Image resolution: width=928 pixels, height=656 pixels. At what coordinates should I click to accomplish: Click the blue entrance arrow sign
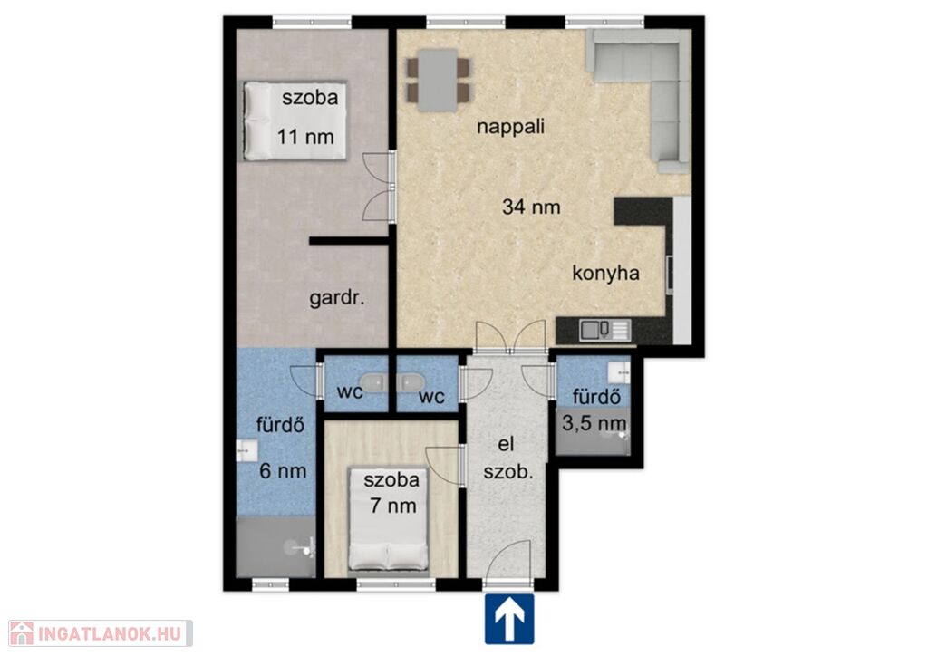(509, 619)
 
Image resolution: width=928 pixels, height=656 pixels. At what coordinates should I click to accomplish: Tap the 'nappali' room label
(511, 127)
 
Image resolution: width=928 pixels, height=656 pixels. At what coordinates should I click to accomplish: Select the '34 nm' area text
(531, 207)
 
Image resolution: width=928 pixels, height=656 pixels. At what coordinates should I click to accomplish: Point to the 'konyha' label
(606, 274)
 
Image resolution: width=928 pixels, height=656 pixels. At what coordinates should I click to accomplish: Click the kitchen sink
(604, 330)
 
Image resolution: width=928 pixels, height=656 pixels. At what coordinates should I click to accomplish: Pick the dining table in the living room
(438, 81)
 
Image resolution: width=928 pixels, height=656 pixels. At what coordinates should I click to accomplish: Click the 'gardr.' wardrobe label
(337, 299)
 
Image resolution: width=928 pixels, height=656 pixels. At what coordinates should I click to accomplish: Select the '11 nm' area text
(306, 137)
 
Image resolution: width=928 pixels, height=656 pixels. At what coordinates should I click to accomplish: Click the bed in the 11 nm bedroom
(295, 121)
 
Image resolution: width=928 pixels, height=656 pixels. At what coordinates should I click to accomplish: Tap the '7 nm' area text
(393, 506)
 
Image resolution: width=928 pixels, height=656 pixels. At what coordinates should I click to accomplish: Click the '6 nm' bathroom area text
(283, 471)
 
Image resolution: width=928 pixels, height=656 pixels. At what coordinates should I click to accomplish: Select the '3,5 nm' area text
(594, 423)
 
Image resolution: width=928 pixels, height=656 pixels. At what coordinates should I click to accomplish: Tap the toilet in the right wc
(411, 382)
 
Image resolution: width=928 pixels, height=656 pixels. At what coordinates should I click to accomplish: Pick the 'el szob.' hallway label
(507, 458)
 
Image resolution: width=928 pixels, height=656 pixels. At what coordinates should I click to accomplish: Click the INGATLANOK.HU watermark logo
(101, 633)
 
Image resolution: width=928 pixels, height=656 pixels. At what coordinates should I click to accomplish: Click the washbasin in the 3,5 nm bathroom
(619, 372)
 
